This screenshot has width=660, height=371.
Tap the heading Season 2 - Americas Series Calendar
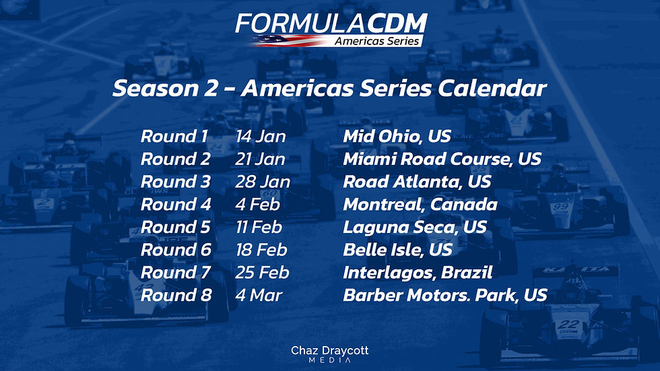(x=329, y=89)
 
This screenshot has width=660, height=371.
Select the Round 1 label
(x=174, y=137)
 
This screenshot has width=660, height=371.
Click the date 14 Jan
(x=261, y=137)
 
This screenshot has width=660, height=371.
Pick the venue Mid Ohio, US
(x=397, y=137)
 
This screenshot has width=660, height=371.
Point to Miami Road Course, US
(x=442, y=160)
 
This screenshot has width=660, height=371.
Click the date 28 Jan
(x=263, y=182)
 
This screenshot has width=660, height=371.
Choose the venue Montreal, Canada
(x=420, y=205)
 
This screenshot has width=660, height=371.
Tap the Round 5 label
(x=175, y=227)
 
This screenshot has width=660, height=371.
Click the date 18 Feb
(x=261, y=250)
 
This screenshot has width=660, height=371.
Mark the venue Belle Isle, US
(x=397, y=250)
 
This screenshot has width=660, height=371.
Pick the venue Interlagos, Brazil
(x=418, y=273)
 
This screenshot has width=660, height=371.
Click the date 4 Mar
(x=259, y=295)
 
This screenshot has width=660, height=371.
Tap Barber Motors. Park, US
(x=444, y=295)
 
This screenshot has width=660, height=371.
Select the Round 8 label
(x=176, y=295)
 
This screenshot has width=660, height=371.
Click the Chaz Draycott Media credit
(x=329, y=354)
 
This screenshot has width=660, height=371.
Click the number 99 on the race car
(x=560, y=207)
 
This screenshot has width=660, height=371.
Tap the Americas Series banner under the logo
(x=377, y=41)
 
